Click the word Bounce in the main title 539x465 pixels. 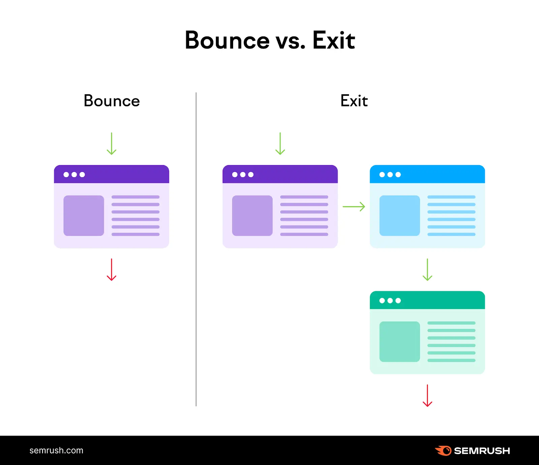point(227,40)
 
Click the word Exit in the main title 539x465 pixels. point(334,40)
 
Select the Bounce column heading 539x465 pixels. point(112,101)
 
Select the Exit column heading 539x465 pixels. point(354,101)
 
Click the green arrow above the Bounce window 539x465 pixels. point(112,144)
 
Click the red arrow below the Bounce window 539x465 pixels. point(112,270)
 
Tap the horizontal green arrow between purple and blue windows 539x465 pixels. point(354,207)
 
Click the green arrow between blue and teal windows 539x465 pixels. point(427,270)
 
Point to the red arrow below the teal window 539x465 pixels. point(427,396)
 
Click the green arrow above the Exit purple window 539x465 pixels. point(280,144)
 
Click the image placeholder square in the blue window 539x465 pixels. point(400,216)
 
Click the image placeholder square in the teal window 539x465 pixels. point(400,342)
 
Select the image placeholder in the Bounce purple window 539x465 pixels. point(84,216)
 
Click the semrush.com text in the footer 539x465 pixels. point(56,451)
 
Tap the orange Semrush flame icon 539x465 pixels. point(444,451)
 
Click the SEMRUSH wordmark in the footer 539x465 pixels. point(482,451)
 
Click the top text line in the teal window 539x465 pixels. point(451,323)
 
